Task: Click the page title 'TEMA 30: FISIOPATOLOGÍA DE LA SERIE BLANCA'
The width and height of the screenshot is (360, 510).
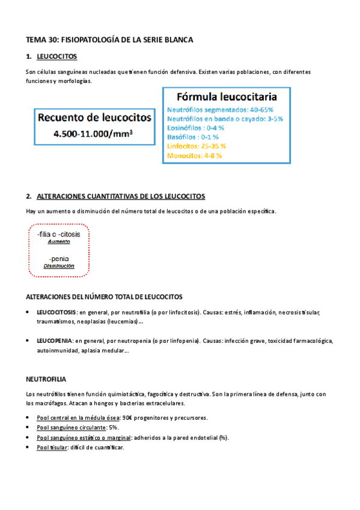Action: pos(109,40)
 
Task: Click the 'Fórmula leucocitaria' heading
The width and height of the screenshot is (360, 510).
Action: pos(226,97)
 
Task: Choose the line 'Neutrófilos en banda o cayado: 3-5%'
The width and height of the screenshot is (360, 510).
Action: pos(224,119)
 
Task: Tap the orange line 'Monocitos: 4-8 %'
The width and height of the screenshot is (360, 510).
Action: pos(194,155)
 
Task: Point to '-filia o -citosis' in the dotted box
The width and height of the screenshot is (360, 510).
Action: pos(60,233)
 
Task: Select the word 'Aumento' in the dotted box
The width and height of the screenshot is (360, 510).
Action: pos(59,241)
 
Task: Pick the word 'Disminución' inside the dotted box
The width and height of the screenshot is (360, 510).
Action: pos(59,266)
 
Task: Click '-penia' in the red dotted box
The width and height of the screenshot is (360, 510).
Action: pos(59,259)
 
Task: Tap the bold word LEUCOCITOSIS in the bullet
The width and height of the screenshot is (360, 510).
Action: pos(56,313)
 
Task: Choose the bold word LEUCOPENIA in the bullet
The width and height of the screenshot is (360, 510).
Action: pos(55,340)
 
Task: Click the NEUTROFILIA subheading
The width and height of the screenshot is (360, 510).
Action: pos(46,380)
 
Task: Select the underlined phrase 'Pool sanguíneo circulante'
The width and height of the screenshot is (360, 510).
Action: pos(71,427)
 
